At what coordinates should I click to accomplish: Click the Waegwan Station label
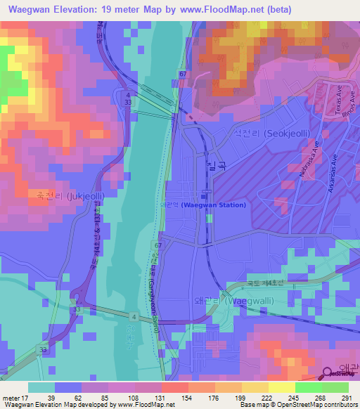(x=214, y=205)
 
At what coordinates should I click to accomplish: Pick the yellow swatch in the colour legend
(x=281, y=387)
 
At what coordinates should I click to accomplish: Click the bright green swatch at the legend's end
(x=335, y=387)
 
